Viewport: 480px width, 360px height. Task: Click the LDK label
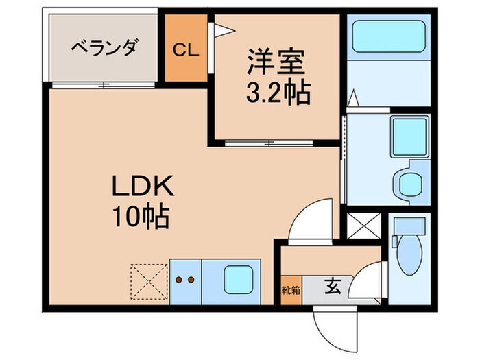(144, 187)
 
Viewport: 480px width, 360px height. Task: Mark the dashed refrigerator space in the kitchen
(148, 282)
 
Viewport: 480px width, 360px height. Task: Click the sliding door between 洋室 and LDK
(269, 143)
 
